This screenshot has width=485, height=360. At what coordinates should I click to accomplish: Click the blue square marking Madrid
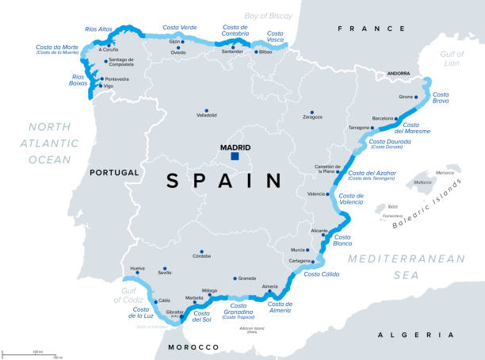(x=235, y=157)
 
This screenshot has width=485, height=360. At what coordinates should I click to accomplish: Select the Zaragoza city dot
(x=312, y=111)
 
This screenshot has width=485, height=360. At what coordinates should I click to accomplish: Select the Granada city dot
(x=236, y=278)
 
